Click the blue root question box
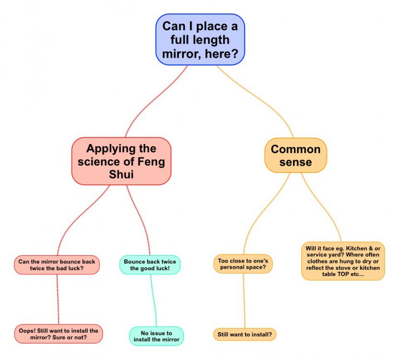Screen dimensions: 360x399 pyautogui.click(x=200, y=39)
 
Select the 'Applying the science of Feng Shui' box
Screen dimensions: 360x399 pyautogui.click(x=121, y=161)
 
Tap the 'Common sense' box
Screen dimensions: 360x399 pyautogui.click(x=295, y=156)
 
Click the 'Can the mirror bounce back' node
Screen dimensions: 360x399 pyautogui.click(x=57, y=265)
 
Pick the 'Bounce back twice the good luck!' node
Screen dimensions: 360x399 pyautogui.click(x=150, y=265)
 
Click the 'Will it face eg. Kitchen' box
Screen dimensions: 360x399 pyautogui.click(x=342, y=261)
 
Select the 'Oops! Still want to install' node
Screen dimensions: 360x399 pyautogui.click(x=59, y=334)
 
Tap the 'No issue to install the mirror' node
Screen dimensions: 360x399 pyautogui.click(x=156, y=336)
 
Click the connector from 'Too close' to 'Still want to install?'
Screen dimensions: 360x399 pyautogui.click(x=244, y=300)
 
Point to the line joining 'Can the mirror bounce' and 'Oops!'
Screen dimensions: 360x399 pyautogui.click(x=58, y=300)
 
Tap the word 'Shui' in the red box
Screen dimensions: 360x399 pyautogui.click(x=121, y=175)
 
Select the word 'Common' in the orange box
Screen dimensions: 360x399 pyautogui.click(x=295, y=149)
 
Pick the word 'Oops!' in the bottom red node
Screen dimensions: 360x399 pyautogui.click(x=28, y=330)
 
